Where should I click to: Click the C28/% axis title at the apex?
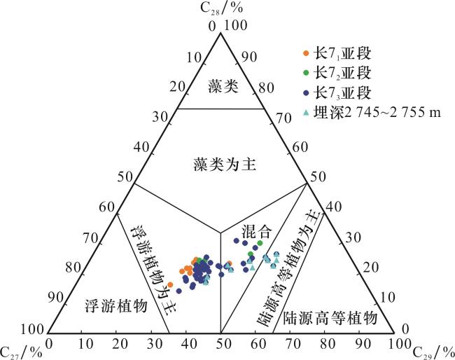221,8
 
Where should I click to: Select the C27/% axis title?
21,352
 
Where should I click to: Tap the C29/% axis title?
433,352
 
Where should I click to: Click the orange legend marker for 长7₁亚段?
306,53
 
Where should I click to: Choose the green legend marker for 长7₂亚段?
306,73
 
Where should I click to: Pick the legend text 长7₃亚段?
342,93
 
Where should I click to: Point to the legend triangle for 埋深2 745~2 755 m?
306,112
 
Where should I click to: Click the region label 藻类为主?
225,165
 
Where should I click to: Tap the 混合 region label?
257,231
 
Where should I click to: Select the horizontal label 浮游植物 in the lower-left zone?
116,305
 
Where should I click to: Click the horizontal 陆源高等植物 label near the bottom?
330,318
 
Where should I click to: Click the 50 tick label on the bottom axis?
221,344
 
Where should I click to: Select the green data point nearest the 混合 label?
260,243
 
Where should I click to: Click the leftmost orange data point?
170,285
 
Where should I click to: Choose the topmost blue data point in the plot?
236,240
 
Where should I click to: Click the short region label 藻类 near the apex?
223,86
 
